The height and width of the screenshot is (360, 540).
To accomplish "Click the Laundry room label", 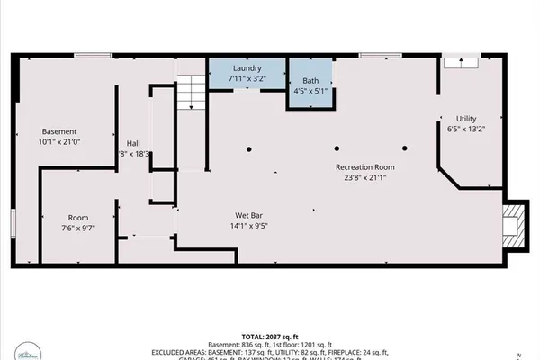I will (247, 68).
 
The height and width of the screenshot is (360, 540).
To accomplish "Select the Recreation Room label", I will (364, 167).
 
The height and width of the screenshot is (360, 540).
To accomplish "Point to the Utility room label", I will (465, 119).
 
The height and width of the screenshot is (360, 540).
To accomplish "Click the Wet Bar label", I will (249, 216).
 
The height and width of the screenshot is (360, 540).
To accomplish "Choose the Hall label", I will (133, 143).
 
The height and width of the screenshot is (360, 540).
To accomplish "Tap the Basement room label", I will (59, 131).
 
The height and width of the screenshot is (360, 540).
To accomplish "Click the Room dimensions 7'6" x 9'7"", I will (78, 229).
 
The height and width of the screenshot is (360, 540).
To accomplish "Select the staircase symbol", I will (189, 92).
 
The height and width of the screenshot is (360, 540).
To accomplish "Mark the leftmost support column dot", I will (251, 148).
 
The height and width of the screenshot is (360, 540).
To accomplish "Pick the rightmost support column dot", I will (405, 148).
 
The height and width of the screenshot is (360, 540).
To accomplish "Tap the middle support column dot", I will (337, 148).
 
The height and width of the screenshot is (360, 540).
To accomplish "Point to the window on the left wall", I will (13, 225).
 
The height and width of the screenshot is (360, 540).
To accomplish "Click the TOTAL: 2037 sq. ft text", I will (270, 335).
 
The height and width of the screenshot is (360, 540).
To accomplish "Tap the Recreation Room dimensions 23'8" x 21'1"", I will (364, 178).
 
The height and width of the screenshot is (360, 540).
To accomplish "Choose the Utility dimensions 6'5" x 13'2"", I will (465, 130).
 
